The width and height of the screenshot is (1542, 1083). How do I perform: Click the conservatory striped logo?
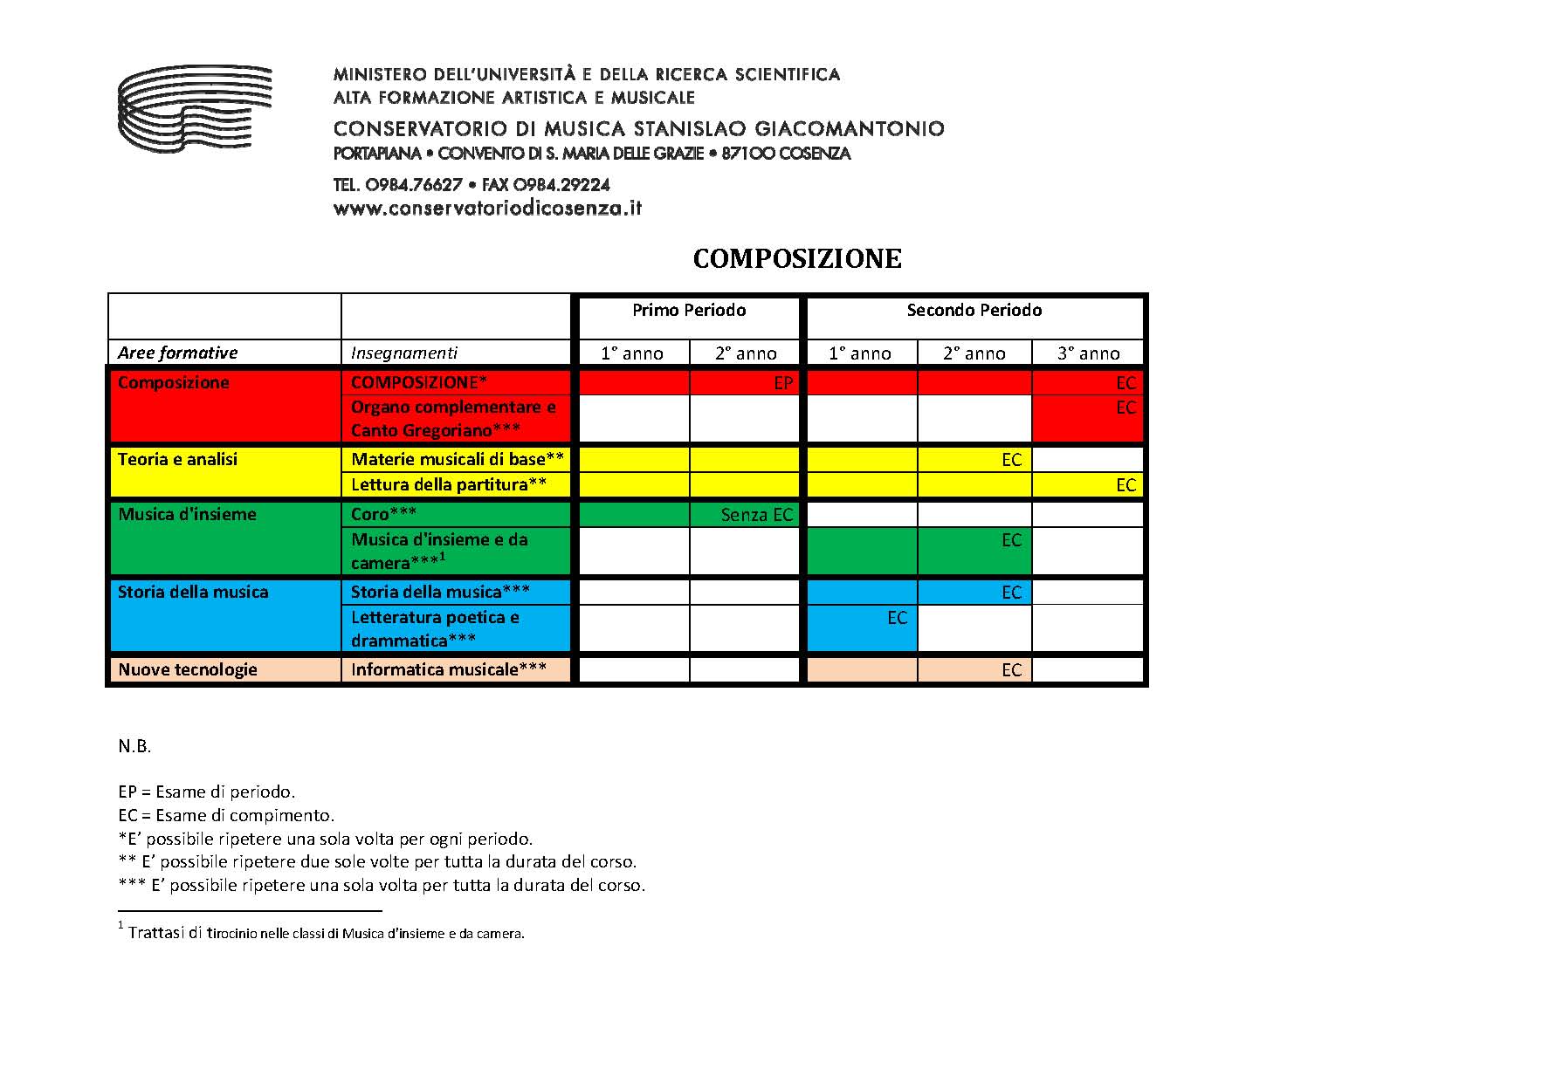click(194, 108)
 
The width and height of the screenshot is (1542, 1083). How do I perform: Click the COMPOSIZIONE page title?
click(796, 259)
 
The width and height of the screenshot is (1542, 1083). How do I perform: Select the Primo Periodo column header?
click(689, 311)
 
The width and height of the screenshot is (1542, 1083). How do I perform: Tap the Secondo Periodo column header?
click(974, 311)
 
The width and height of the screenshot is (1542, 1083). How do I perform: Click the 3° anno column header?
click(1088, 353)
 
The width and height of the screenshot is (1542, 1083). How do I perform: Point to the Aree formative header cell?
click(178, 353)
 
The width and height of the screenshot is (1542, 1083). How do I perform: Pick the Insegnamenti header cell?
click(404, 353)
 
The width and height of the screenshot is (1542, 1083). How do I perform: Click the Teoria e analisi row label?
click(178, 459)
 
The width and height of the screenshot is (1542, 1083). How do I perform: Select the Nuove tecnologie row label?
click(188, 669)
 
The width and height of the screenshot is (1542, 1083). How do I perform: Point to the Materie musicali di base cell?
click(458, 459)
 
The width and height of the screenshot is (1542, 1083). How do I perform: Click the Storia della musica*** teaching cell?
click(440, 592)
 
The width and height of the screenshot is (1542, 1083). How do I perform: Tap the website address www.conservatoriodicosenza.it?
click(487, 209)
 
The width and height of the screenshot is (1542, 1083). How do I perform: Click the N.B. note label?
click(134, 746)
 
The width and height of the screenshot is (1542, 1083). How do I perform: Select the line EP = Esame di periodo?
click(207, 792)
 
